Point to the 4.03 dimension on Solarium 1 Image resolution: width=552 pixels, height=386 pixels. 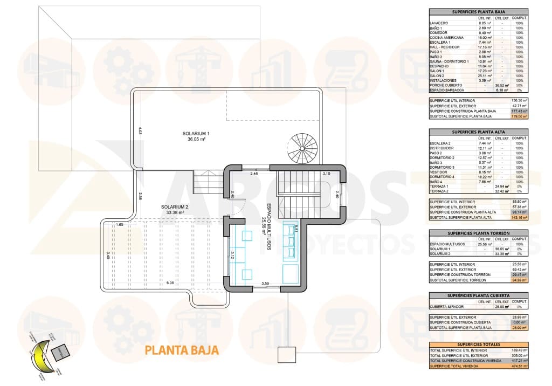[140, 130]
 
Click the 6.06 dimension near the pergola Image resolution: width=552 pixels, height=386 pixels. [170, 282]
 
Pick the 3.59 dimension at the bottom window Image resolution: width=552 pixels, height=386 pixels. [265, 283]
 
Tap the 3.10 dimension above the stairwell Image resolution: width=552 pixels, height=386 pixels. [326, 174]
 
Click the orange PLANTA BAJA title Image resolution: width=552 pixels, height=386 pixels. [182, 350]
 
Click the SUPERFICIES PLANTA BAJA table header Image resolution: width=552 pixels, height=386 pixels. [478, 11]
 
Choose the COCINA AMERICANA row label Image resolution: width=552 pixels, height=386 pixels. [447, 38]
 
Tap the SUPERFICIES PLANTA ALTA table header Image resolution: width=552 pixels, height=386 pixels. [478, 131]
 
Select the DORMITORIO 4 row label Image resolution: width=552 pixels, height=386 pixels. [443, 176]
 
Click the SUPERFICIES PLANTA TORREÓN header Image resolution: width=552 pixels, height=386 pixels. [478, 233]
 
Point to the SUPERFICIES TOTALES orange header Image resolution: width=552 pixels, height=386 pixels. [478, 344]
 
